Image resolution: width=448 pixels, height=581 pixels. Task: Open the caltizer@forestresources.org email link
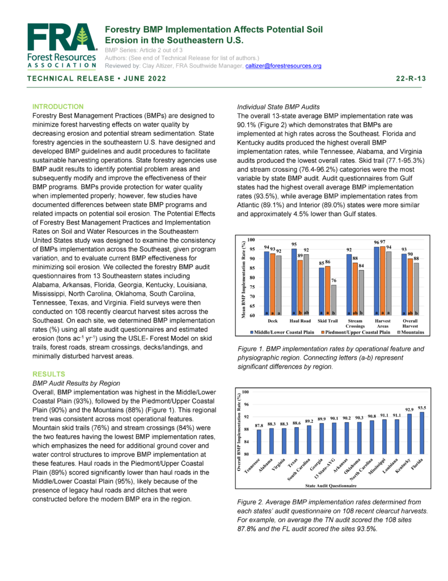click(x=283, y=66)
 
